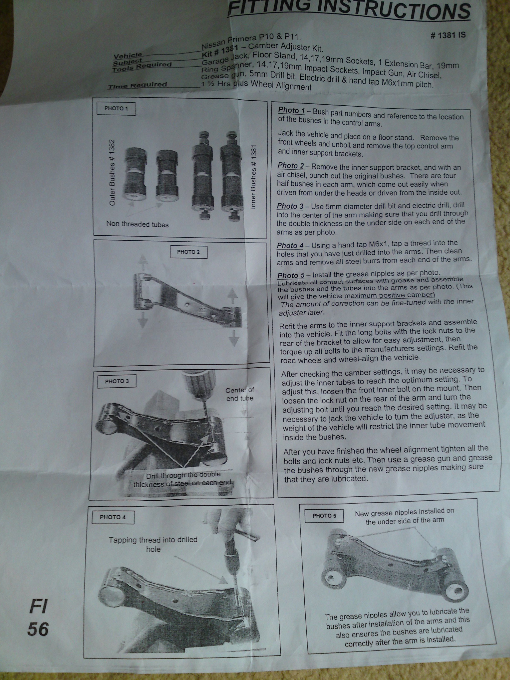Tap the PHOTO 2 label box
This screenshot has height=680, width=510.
tap(189, 252)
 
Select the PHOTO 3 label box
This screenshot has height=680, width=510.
tap(116, 381)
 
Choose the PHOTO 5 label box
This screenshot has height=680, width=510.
tap(324, 516)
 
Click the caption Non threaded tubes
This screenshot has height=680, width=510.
tap(137, 224)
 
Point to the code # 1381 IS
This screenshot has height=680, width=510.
tap(448, 35)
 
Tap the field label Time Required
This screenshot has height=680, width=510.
tap(137, 85)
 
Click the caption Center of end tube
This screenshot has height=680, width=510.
tap(240, 394)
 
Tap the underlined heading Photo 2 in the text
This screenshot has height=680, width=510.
tap(291, 165)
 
